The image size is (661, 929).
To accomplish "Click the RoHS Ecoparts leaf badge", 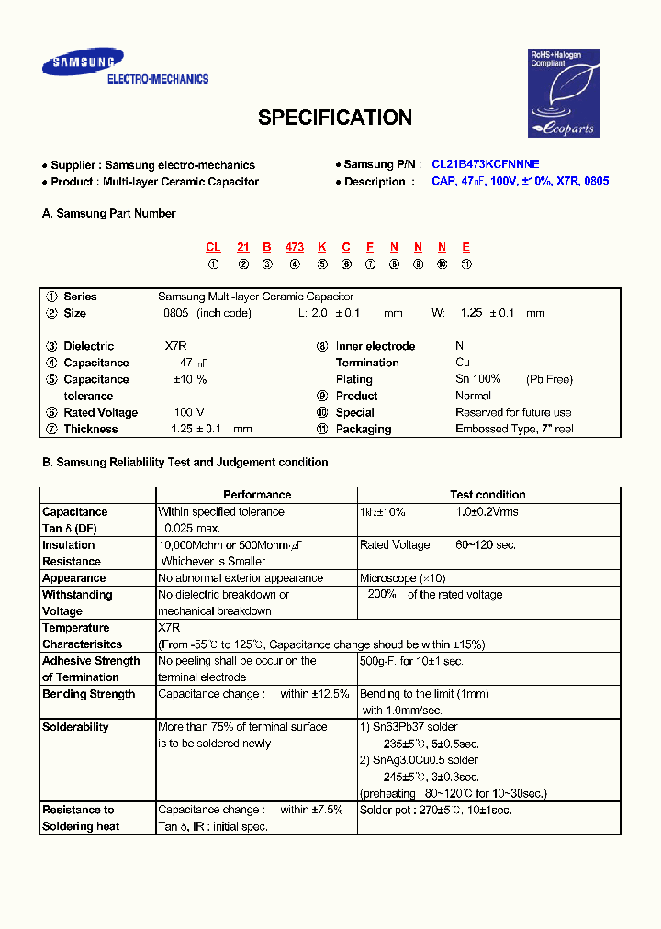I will point(564,94).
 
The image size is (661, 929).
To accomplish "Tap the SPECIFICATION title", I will point(334,118).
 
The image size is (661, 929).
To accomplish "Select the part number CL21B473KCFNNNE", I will point(486,164).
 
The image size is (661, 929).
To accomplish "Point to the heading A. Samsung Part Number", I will point(108,213).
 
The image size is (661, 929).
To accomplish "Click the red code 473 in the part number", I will point(294,247).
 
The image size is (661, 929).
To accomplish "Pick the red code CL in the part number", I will point(213,247).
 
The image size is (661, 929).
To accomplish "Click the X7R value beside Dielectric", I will point(177,346).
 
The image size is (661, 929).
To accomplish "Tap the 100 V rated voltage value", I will point(189,412).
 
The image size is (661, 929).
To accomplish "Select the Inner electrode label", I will point(375,346).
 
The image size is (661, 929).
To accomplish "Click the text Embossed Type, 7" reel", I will point(514,429).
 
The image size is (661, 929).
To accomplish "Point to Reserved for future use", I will point(513,412).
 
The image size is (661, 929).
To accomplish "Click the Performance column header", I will point(257,495).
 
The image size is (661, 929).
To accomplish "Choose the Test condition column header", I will point(487,495).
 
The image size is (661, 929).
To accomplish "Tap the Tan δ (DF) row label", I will point(69,528).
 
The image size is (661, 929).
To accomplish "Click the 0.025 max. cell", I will point(192,528).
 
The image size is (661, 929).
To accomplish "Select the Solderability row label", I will point(75,727).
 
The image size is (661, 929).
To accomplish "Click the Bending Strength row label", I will point(88,694).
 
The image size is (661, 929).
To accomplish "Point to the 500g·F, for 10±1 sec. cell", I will point(411,661).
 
